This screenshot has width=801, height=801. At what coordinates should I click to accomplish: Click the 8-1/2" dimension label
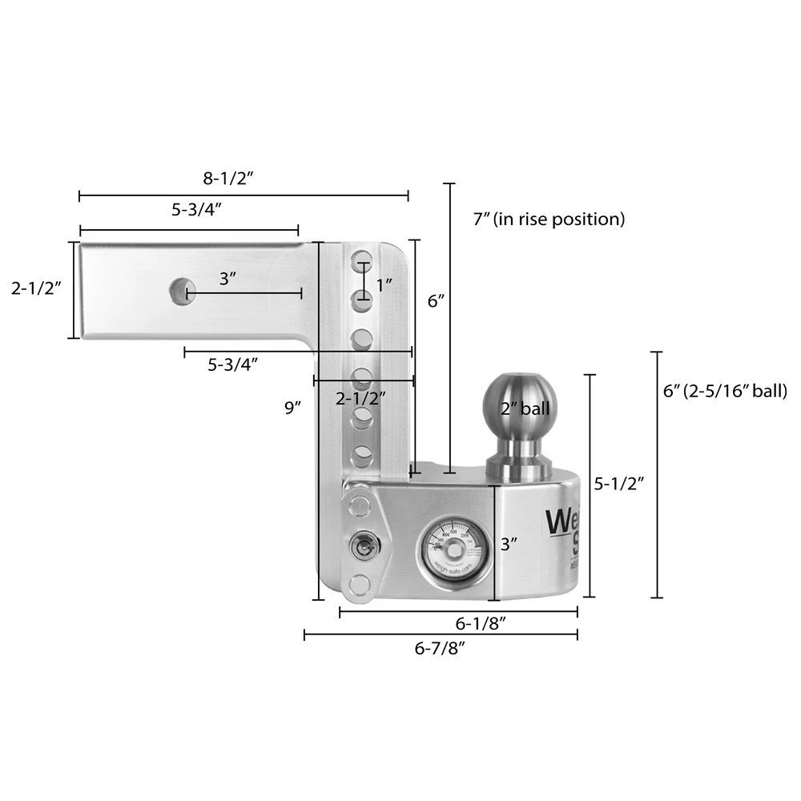pyautogui.click(x=227, y=178)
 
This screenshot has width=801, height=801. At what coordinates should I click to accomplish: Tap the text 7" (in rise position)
pyautogui.click(x=549, y=218)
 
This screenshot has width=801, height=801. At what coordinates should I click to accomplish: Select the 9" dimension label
pyautogui.click(x=292, y=407)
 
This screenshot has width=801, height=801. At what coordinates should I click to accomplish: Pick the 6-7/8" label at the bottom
pyautogui.click(x=440, y=649)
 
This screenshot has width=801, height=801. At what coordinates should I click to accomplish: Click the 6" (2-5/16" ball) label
pyautogui.click(x=725, y=391)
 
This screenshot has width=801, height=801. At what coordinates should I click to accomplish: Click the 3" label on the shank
pyautogui.click(x=227, y=279)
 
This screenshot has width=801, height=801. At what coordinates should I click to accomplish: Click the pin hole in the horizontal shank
pyautogui.click(x=183, y=290)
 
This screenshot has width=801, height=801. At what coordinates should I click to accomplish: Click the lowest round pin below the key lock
pyautogui.click(x=360, y=585)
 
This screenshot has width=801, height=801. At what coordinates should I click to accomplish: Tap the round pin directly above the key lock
pyautogui.click(x=360, y=505)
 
